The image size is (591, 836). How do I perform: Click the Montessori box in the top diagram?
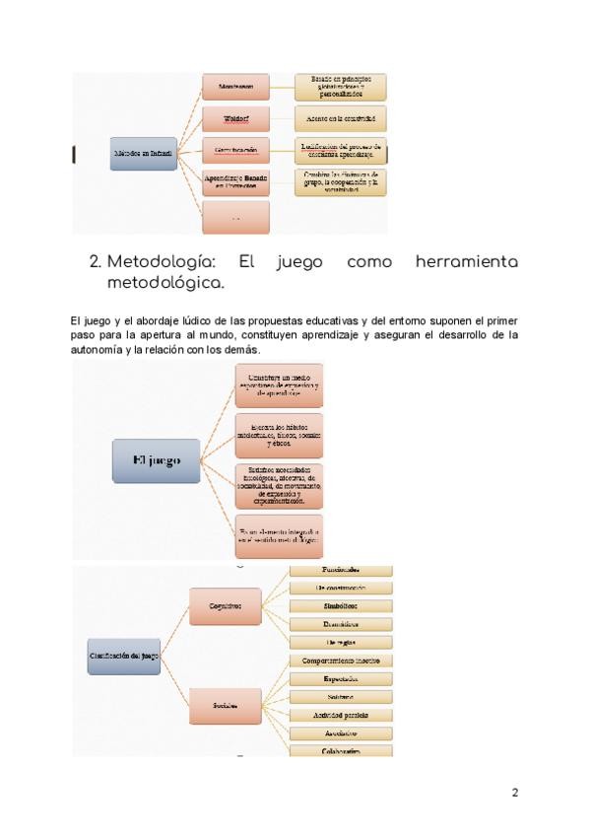[x=235, y=88]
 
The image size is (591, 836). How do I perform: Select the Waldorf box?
[x=235, y=119]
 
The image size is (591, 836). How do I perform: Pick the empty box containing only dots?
[x=235, y=217]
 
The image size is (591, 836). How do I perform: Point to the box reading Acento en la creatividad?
[x=340, y=119]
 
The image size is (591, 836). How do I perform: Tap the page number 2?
[x=514, y=792]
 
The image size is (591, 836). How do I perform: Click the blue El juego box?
[x=157, y=459]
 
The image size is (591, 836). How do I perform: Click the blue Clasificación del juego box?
[x=124, y=656]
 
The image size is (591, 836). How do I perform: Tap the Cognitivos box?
[x=225, y=607]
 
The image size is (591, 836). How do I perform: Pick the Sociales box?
[x=225, y=705]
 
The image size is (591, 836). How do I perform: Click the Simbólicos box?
[x=341, y=605]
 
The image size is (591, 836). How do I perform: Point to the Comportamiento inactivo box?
[x=341, y=660]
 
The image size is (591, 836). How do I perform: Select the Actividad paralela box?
[x=341, y=715]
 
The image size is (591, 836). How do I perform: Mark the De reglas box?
[x=341, y=642]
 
